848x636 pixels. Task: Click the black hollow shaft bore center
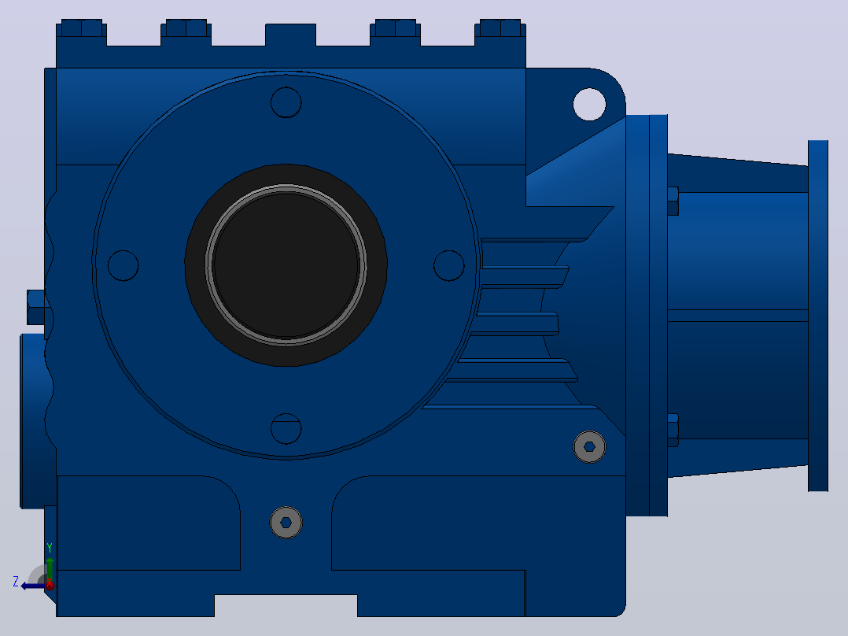point(286,265)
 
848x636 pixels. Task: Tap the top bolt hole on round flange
point(286,102)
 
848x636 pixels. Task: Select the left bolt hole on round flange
point(124,265)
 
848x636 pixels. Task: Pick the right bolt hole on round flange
point(449,265)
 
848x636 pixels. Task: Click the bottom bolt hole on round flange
point(286,429)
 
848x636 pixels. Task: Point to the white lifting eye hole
point(589,105)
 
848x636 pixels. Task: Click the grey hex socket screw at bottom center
point(286,523)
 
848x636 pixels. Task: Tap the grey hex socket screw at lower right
point(589,446)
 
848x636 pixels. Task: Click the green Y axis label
point(50,548)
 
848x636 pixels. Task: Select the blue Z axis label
point(16,582)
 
